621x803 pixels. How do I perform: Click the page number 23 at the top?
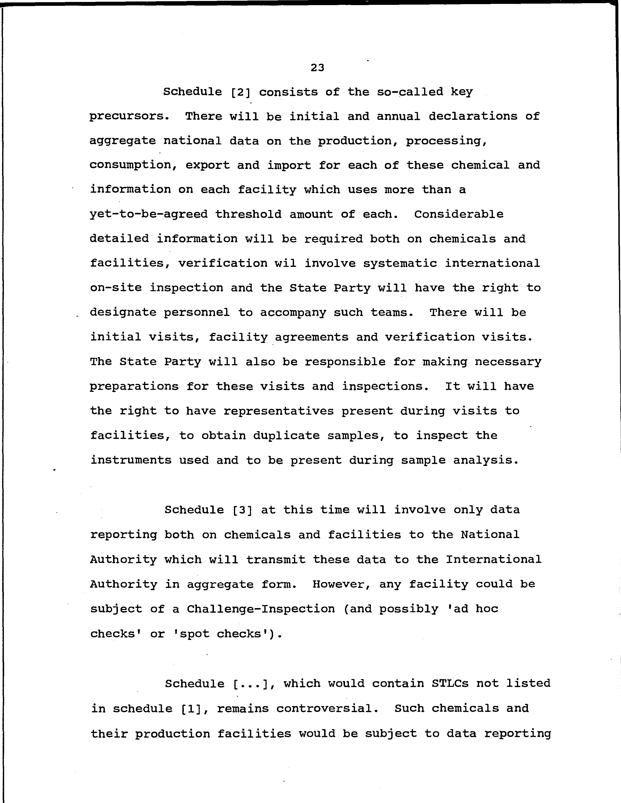pyautogui.click(x=317, y=68)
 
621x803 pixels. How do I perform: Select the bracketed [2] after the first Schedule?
pyautogui.click(x=241, y=92)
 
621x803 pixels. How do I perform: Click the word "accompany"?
pyautogui.click(x=293, y=313)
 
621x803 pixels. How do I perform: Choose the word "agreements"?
pyautogui.click(x=312, y=337)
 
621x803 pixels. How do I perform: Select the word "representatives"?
pyautogui.click(x=278, y=411)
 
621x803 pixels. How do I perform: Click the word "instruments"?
pyautogui.click(x=131, y=460)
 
